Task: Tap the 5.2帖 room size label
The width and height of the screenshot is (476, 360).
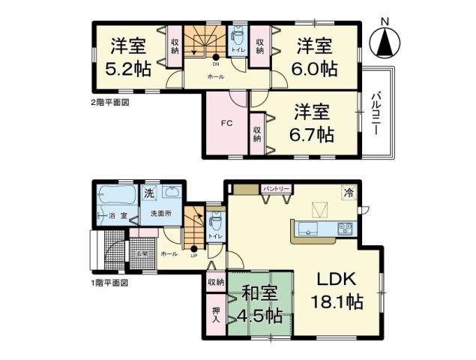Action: (127, 68)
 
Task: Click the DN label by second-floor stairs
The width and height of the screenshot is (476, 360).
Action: (215, 64)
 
